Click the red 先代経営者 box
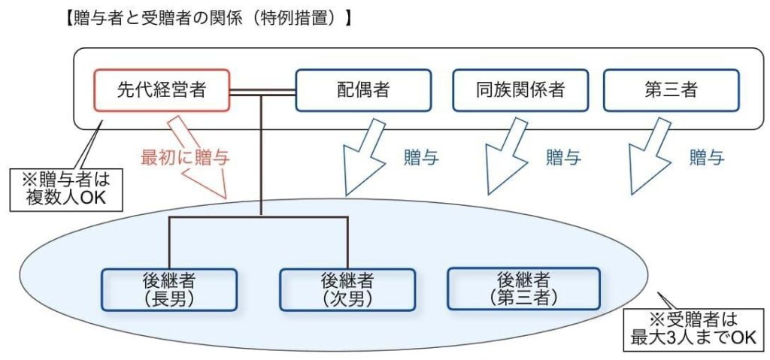pyautogui.click(x=162, y=91)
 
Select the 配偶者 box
pyautogui.click(x=362, y=91)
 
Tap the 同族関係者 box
pyautogui.click(x=520, y=91)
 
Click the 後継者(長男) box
pyautogui.click(x=168, y=289)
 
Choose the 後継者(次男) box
pyautogui.click(x=347, y=289)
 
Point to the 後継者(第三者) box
pyautogui.click(x=523, y=289)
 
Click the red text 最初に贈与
pyautogui.click(x=184, y=158)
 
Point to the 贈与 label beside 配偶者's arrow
pyautogui.click(x=421, y=158)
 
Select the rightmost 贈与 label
pyautogui.click(x=707, y=158)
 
